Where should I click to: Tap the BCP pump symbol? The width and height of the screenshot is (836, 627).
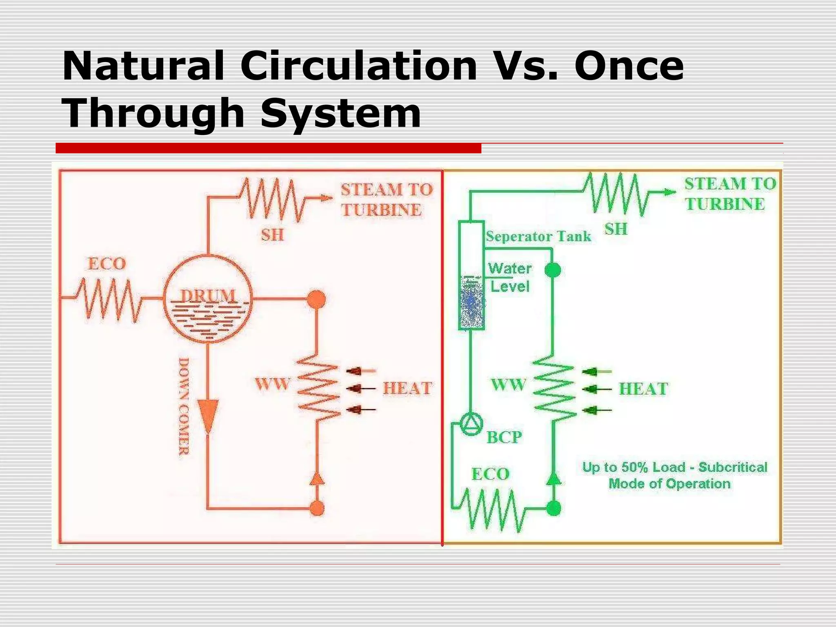point(471,424)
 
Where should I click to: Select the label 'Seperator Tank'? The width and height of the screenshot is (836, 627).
point(538,236)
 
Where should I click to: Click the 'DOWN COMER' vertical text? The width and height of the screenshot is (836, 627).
point(184,407)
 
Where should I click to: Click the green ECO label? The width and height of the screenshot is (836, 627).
point(491,474)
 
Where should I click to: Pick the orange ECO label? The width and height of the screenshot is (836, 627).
point(107,264)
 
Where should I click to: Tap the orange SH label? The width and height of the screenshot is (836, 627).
point(272,235)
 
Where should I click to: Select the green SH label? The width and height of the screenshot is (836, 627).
point(616,229)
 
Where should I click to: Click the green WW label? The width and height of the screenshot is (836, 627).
point(508,385)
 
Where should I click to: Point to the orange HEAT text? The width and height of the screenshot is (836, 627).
point(407,388)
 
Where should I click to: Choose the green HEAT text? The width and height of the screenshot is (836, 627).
point(643,389)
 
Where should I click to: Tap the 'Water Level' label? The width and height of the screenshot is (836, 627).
point(510,278)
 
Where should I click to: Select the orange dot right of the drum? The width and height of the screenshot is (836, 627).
point(316,299)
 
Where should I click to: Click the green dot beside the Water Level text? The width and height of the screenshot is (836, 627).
point(553,270)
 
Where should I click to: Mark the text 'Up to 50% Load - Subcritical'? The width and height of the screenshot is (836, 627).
point(674,467)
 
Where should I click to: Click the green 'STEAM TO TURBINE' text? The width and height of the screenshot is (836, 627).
point(730,194)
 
